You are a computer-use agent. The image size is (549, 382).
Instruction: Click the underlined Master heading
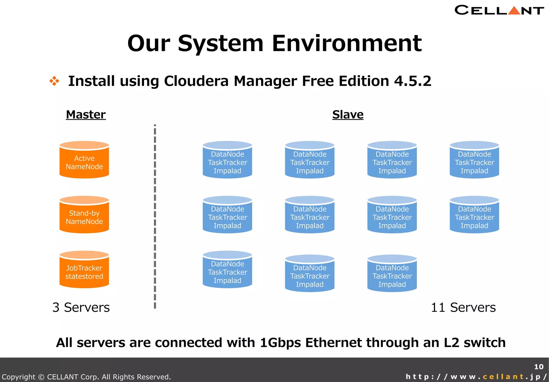[86, 115]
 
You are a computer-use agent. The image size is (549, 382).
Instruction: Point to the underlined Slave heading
[348, 115]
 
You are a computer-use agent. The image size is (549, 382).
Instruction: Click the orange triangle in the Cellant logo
[514, 11]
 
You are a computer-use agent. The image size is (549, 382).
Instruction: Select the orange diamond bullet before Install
[54, 81]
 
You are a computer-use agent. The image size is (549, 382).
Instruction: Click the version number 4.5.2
[413, 81]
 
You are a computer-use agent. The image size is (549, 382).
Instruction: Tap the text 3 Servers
[81, 307]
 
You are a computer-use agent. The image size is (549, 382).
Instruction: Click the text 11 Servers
[463, 307]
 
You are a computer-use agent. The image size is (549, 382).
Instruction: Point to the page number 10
[539, 367]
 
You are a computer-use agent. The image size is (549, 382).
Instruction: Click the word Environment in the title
[347, 43]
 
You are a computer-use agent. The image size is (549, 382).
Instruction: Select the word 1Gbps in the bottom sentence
[280, 343]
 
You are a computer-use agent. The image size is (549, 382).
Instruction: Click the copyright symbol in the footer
[41, 377]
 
